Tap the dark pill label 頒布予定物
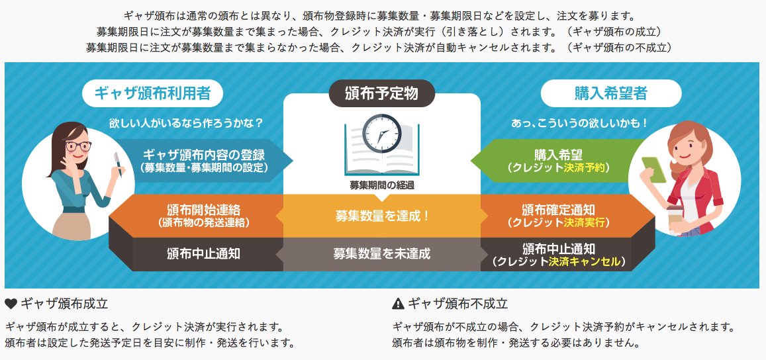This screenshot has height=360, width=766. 381,94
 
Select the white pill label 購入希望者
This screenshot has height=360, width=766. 610,94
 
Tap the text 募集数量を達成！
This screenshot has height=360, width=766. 382,216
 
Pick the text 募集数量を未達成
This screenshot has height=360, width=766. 382,253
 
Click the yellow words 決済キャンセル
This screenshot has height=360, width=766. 585,261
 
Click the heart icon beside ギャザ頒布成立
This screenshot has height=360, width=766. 11,304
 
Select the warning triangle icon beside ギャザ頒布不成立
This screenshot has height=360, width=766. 398,304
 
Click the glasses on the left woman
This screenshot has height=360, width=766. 78,146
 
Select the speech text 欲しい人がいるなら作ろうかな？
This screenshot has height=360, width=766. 186,123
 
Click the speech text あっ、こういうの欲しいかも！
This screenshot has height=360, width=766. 579,123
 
